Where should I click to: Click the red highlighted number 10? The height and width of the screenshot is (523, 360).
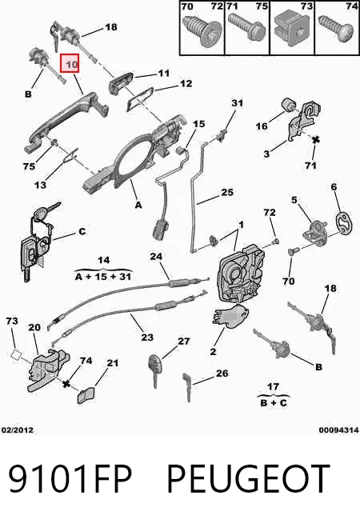pos(70,63)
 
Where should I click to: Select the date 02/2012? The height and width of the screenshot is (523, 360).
pos(18,430)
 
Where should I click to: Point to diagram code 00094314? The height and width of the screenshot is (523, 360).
pos(338,430)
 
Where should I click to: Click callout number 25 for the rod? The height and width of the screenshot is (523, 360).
pos(227,192)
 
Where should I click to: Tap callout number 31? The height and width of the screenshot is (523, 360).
pos(238,103)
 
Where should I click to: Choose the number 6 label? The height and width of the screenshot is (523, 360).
pos(334,187)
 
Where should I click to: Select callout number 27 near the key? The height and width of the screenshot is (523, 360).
pos(183,341)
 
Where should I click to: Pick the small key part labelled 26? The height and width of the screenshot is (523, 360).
pos(187,387)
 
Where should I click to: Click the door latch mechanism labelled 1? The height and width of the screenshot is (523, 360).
pos(241,273)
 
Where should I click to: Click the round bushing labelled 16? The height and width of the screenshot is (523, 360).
pos(289,105)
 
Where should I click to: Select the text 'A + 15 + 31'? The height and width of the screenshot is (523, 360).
pos(103,277)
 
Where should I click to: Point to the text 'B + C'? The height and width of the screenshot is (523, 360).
pos(274,402)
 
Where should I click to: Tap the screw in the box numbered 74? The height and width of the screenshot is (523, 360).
pos(336,28)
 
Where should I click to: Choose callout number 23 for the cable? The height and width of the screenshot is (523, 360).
pos(147,337)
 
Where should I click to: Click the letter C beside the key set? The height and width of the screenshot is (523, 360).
pos(82,231)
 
